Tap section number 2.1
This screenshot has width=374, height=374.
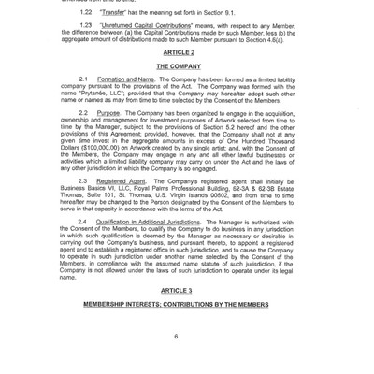point(84,80)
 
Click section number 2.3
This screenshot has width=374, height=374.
point(84,180)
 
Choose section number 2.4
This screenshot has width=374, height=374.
point(84,222)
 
